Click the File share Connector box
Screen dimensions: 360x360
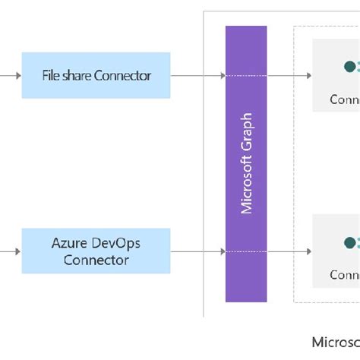[96, 76]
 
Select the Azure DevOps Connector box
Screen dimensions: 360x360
[96, 251]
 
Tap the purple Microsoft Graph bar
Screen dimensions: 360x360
[246, 163]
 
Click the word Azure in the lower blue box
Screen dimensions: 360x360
[68, 242]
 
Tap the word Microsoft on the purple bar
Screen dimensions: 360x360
[246, 184]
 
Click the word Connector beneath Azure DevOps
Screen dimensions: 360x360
[96, 260]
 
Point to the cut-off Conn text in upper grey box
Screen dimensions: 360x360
[344, 99]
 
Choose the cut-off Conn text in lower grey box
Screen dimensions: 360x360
[344, 275]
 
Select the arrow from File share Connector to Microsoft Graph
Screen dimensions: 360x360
[197, 76]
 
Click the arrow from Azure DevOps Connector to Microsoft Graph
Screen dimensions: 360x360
[197, 251]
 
